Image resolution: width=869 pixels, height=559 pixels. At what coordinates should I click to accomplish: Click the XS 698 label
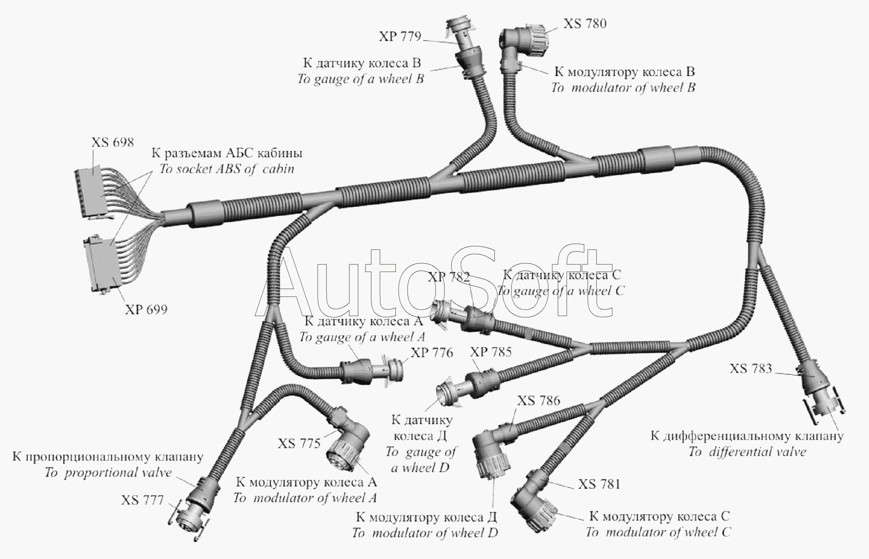tap(113, 142)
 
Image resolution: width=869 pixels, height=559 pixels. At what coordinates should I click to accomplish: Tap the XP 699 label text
tap(146, 309)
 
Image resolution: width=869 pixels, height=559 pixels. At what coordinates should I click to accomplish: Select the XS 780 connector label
tap(585, 24)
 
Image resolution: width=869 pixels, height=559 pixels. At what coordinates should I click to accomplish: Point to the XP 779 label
tap(400, 36)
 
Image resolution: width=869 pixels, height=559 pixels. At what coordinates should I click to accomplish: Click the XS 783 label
tap(751, 368)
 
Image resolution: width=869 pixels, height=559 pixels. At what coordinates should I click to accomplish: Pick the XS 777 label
tap(143, 500)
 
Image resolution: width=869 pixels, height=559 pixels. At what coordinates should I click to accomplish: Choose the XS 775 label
tap(299, 444)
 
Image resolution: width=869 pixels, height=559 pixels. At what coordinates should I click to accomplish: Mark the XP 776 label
tap(432, 353)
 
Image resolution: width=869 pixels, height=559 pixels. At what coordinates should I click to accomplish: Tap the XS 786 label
tap(539, 400)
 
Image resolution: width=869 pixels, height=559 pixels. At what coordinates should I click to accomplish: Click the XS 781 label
tap(599, 484)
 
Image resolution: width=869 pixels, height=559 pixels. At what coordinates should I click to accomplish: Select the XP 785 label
tap(491, 352)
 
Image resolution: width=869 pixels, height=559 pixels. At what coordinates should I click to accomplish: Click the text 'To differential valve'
tap(747, 452)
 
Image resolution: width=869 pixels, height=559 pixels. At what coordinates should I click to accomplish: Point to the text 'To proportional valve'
tap(108, 473)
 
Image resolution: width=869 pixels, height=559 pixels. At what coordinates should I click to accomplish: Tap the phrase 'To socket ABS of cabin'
tap(226, 169)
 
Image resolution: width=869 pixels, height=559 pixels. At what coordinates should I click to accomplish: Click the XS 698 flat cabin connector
tap(94, 194)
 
